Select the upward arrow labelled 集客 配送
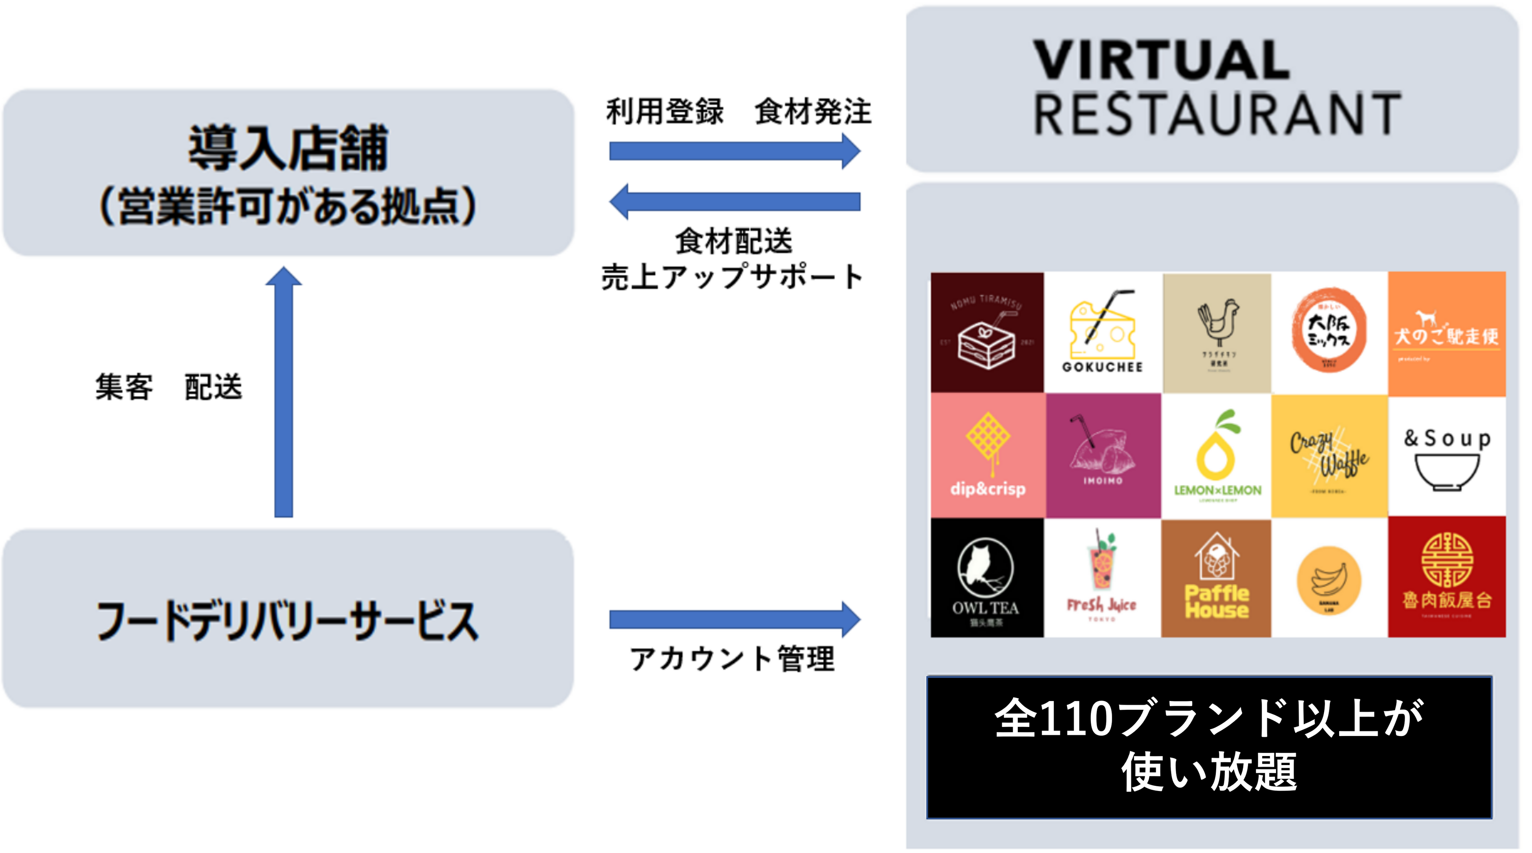[x=284, y=392]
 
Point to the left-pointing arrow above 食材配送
[x=735, y=201]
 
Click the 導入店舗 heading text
[x=288, y=149]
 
